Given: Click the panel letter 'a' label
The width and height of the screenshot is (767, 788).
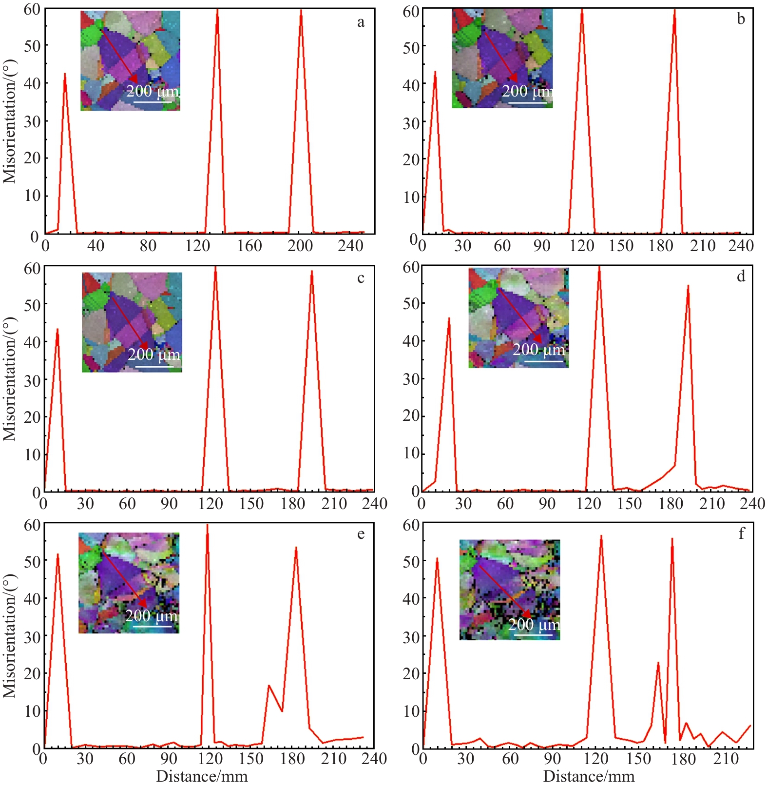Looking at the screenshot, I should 361,22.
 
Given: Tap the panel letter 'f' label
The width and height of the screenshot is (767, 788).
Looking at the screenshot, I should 741,533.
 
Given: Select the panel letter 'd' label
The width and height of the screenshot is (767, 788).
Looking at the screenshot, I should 741,276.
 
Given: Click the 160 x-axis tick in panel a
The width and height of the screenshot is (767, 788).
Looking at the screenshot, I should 249,245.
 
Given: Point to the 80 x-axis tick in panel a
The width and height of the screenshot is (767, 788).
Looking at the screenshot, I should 148,245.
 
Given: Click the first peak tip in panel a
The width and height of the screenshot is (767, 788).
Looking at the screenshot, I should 65,74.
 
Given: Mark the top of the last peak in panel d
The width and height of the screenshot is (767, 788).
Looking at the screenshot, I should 688,286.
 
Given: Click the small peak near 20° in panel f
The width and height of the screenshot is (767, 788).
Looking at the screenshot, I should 658,663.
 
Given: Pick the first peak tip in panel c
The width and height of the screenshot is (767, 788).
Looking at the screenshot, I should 58,329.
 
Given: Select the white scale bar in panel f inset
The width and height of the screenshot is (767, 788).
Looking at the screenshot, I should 533,634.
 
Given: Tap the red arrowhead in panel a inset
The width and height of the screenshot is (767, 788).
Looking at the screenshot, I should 133,79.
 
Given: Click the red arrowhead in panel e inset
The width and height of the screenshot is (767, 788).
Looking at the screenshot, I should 142,603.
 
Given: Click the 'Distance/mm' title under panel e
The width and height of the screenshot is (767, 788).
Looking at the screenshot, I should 202,776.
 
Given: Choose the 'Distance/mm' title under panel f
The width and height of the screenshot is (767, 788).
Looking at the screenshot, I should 589,776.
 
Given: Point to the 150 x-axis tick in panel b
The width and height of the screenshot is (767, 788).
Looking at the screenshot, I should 621,245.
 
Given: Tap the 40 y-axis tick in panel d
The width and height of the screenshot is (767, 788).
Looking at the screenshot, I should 411,341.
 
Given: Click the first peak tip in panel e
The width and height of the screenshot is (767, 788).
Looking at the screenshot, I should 58,554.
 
